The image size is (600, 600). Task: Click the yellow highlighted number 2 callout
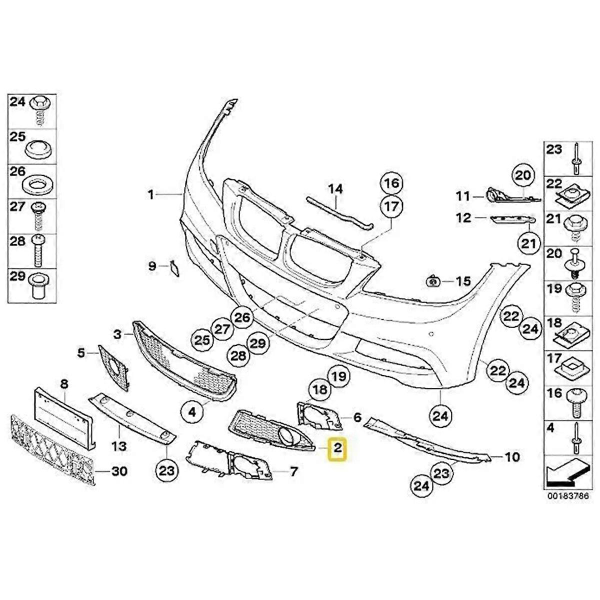point(338,448)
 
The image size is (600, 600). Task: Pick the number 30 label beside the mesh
point(118,471)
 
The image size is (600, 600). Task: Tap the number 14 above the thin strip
point(335,189)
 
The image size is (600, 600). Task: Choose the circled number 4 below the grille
point(192,412)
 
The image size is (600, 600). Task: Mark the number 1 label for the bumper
point(150,194)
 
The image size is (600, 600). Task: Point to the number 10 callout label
point(512,456)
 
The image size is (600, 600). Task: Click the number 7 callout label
point(293,471)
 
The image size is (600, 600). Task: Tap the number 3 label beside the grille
point(117,334)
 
